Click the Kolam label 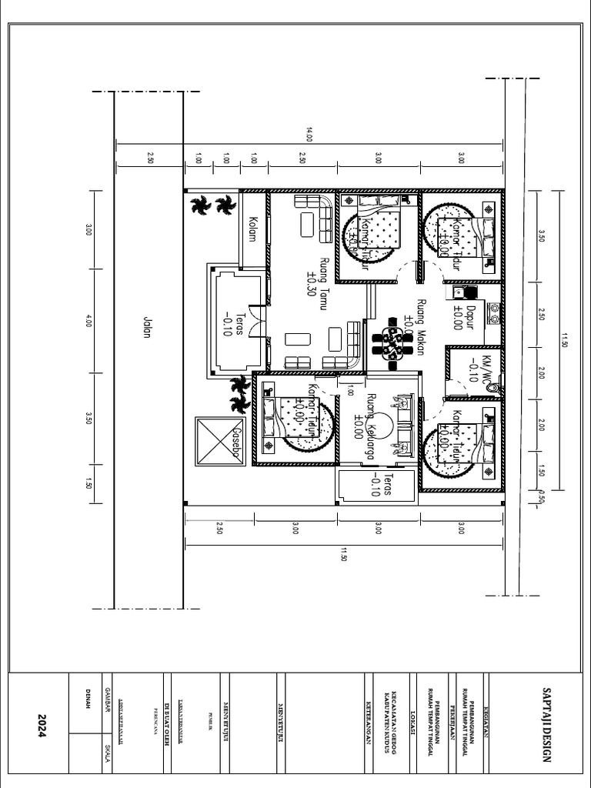252,229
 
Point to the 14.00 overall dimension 310,136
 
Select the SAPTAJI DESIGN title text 547,726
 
